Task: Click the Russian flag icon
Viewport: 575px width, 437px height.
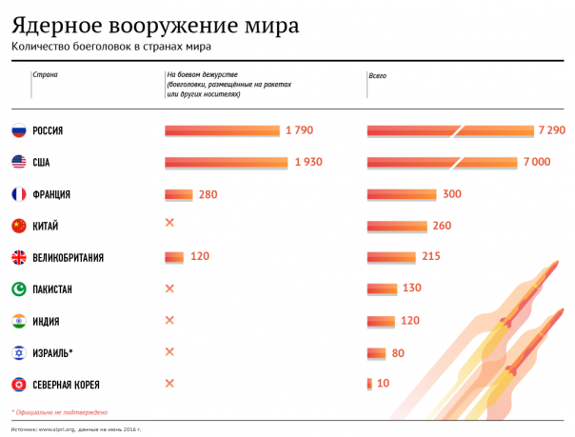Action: (x=18, y=130)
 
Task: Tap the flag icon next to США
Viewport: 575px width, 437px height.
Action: (x=18, y=162)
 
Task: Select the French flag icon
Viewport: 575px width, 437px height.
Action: (x=18, y=194)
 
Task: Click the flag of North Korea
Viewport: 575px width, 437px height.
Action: (x=18, y=385)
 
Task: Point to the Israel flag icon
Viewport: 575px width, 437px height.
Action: (x=18, y=353)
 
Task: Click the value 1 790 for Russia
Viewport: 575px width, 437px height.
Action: (x=298, y=130)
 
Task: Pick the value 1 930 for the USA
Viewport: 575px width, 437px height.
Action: (x=307, y=162)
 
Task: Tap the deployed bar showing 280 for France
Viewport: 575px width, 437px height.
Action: (x=179, y=194)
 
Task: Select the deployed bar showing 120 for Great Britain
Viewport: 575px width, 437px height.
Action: (x=174, y=257)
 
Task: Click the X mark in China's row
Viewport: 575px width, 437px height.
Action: (x=170, y=225)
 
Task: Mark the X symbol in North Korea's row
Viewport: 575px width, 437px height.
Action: (x=170, y=384)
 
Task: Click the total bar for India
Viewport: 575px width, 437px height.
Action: (x=381, y=321)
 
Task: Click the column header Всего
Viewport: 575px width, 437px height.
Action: (x=378, y=74)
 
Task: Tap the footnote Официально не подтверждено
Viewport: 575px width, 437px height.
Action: (x=62, y=412)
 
